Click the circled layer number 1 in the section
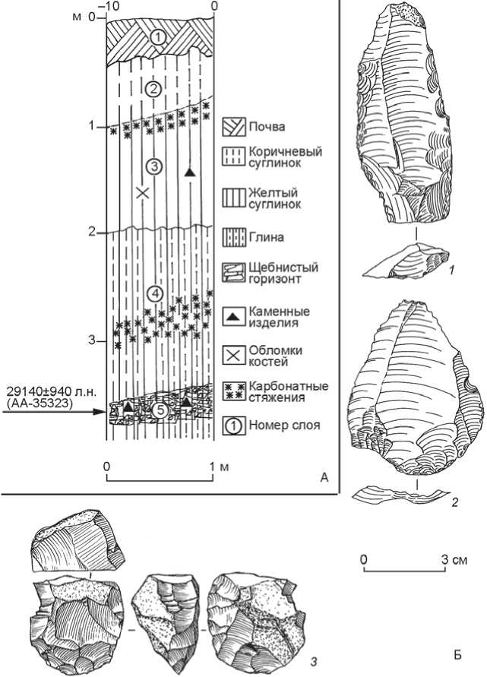point(155,36)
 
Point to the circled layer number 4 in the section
point(154,293)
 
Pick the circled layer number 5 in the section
point(158,410)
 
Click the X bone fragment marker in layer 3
point(141,191)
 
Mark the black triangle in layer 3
point(190,173)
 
